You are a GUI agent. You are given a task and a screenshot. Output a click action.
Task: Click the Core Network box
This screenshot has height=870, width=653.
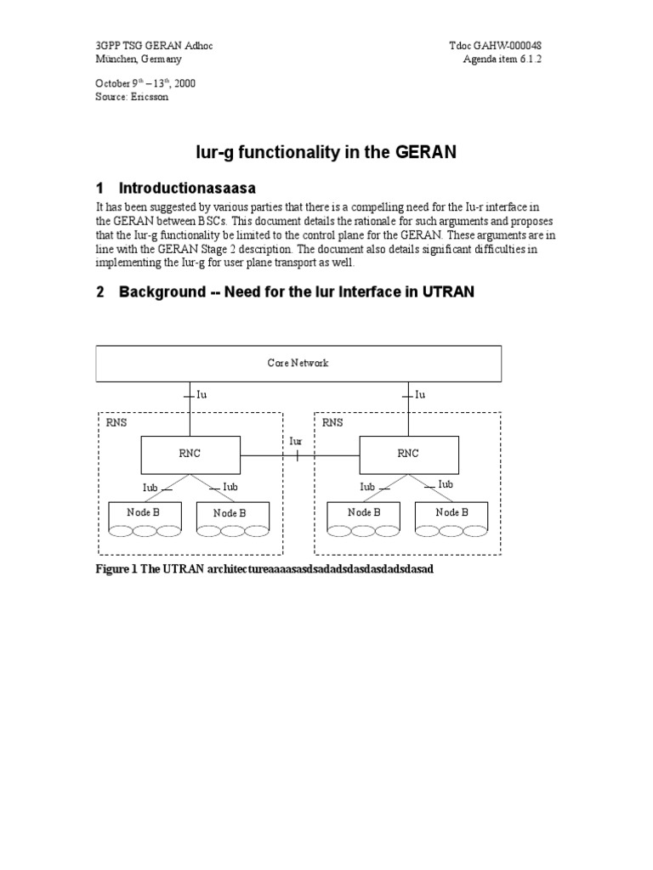298,363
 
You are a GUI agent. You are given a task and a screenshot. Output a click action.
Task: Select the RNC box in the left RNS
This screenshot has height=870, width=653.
190,454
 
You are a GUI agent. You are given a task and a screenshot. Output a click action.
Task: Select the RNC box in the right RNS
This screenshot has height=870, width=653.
408,454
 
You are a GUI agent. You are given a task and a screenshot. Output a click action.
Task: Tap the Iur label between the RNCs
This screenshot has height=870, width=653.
296,442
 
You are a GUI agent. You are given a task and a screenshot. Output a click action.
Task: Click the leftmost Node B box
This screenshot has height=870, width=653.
145,513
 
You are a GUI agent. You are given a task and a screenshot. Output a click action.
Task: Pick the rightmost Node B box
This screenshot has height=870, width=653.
451,513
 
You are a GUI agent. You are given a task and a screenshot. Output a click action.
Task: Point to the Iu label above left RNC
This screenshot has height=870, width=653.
202,394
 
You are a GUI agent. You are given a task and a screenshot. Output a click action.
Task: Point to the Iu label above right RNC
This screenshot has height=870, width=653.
419,394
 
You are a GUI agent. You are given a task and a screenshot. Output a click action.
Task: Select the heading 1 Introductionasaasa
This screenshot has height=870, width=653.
187,188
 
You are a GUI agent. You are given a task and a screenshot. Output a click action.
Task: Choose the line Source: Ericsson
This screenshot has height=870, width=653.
132,98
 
